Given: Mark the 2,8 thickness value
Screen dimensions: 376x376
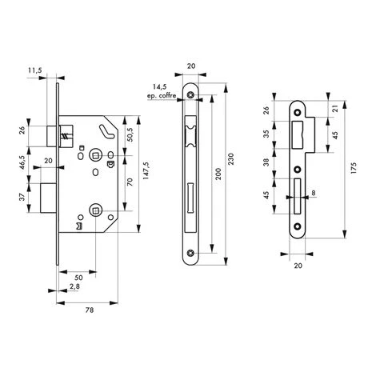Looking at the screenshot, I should tap(74, 286).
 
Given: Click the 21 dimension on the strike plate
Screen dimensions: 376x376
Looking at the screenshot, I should tap(330, 113).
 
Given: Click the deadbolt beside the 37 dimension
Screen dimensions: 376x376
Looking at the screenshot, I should tap(50, 197).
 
